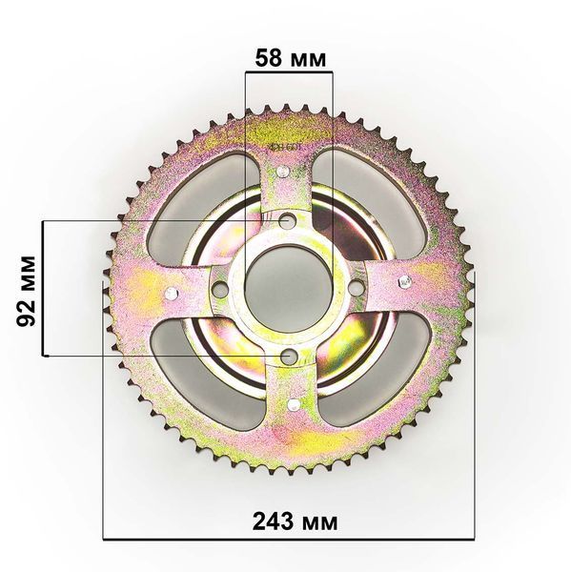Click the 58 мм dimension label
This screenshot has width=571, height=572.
(290, 58)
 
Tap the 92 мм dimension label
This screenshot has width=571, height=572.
(27, 291)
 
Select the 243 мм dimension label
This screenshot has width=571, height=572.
(295, 521)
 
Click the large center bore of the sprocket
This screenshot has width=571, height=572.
(289, 288)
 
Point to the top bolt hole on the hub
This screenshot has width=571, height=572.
(288, 220)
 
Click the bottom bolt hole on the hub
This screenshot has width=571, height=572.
(289, 356)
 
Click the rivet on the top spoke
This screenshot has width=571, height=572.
(282, 171)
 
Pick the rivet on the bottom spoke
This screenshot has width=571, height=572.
(294, 404)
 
